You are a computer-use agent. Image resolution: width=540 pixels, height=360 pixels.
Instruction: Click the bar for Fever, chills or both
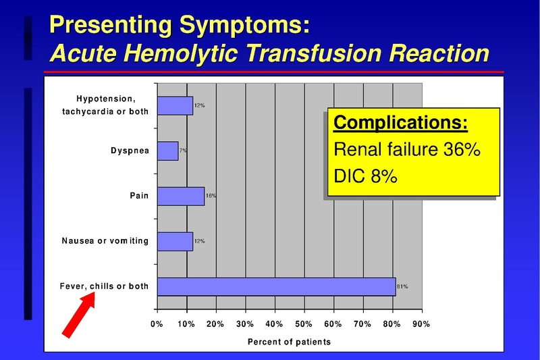(276, 286)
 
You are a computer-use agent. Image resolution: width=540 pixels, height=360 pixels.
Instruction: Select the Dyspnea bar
(167, 150)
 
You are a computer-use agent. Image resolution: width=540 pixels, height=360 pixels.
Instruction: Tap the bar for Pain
(180, 196)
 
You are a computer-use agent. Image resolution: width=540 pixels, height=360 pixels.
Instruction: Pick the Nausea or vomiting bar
(175, 241)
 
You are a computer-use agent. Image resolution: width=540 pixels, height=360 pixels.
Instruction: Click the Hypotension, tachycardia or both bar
(175, 105)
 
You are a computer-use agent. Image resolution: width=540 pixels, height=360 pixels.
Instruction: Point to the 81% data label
(402, 286)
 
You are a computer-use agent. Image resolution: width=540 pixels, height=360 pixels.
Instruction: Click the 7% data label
(184, 150)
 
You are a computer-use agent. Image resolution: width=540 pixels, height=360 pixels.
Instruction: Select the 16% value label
(211, 196)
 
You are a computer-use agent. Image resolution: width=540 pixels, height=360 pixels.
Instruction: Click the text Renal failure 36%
(406, 149)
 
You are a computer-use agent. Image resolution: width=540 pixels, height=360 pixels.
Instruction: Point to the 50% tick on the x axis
(304, 324)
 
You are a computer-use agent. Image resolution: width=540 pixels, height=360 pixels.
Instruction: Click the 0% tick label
(157, 324)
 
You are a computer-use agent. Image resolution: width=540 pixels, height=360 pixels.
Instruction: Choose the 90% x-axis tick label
(421, 324)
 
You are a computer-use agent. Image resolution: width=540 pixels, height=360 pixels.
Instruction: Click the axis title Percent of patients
(289, 342)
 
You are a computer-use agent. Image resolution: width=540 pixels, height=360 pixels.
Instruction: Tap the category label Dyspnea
(130, 150)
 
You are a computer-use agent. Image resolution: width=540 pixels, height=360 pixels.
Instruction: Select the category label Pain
(139, 196)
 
